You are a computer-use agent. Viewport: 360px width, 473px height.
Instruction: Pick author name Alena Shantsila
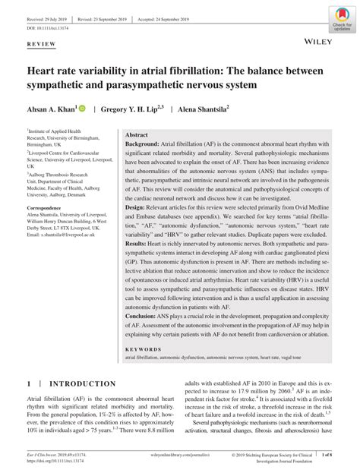coord(206,109)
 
